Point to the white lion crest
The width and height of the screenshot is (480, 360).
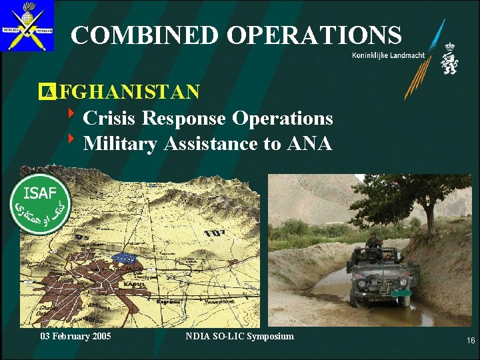pyautogui.click(x=449, y=59)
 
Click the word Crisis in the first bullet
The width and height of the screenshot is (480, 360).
pyautogui.click(x=110, y=118)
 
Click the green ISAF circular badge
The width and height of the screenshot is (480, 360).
pyautogui.click(x=39, y=203)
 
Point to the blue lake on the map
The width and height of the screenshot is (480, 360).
pyautogui.click(x=125, y=257)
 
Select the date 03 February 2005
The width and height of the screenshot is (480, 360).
pyautogui.click(x=75, y=336)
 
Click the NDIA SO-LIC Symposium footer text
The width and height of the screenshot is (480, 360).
pyautogui.click(x=239, y=336)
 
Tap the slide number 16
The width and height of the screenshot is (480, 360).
pyautogui.click(x=471, y=341)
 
